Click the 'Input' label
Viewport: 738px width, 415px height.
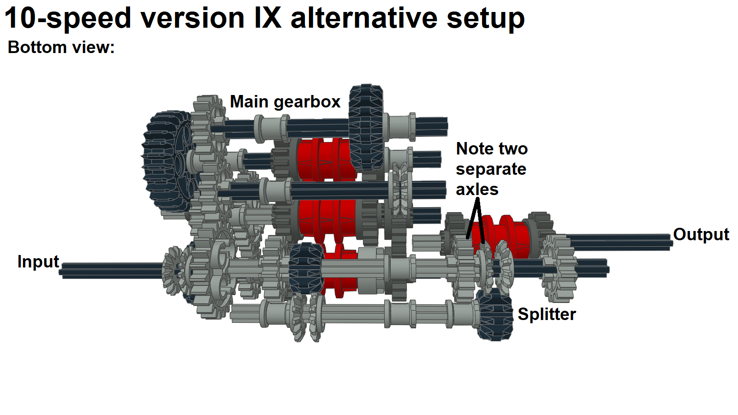(38, 262)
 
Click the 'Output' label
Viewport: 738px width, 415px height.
(701, 234)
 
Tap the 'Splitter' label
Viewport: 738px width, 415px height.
(547, 314)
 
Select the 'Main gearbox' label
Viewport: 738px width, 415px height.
(285, 101)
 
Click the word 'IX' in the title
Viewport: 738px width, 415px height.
(268, 18)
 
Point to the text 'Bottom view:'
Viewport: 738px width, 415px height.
(61, 47)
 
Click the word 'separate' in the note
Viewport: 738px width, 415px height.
(491, 169)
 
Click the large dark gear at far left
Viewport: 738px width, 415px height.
(166, 161)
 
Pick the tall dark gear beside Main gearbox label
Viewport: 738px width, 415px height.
(366, 127)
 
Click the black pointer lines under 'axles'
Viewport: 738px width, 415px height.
(476, 219)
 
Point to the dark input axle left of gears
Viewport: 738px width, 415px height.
(111, 271)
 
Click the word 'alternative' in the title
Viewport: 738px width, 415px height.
(363, 18)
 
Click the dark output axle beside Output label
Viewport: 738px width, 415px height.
(618, 241)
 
